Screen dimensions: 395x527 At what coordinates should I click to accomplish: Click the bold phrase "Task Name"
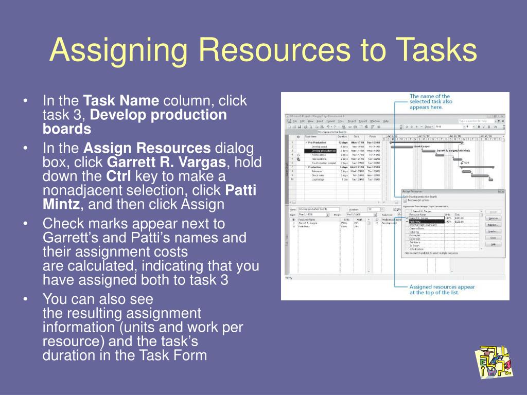pos(121,100)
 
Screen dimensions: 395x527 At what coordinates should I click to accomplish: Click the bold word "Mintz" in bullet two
pos(61,205)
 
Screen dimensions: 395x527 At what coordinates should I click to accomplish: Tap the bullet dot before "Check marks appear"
pos(26,224)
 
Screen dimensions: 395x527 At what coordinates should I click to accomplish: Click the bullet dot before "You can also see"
pos(26,299)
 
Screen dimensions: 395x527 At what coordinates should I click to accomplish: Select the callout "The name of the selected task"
pos(431,102)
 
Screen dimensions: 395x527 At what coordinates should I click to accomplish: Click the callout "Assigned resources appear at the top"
pos(442,290)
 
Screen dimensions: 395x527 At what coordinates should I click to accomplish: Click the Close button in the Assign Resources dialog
pos(493,238)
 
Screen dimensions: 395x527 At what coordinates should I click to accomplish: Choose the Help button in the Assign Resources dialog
pos(493,244)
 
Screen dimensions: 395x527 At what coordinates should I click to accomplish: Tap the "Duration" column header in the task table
pos(343,136)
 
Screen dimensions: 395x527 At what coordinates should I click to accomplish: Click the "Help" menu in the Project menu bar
pos(385,121)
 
